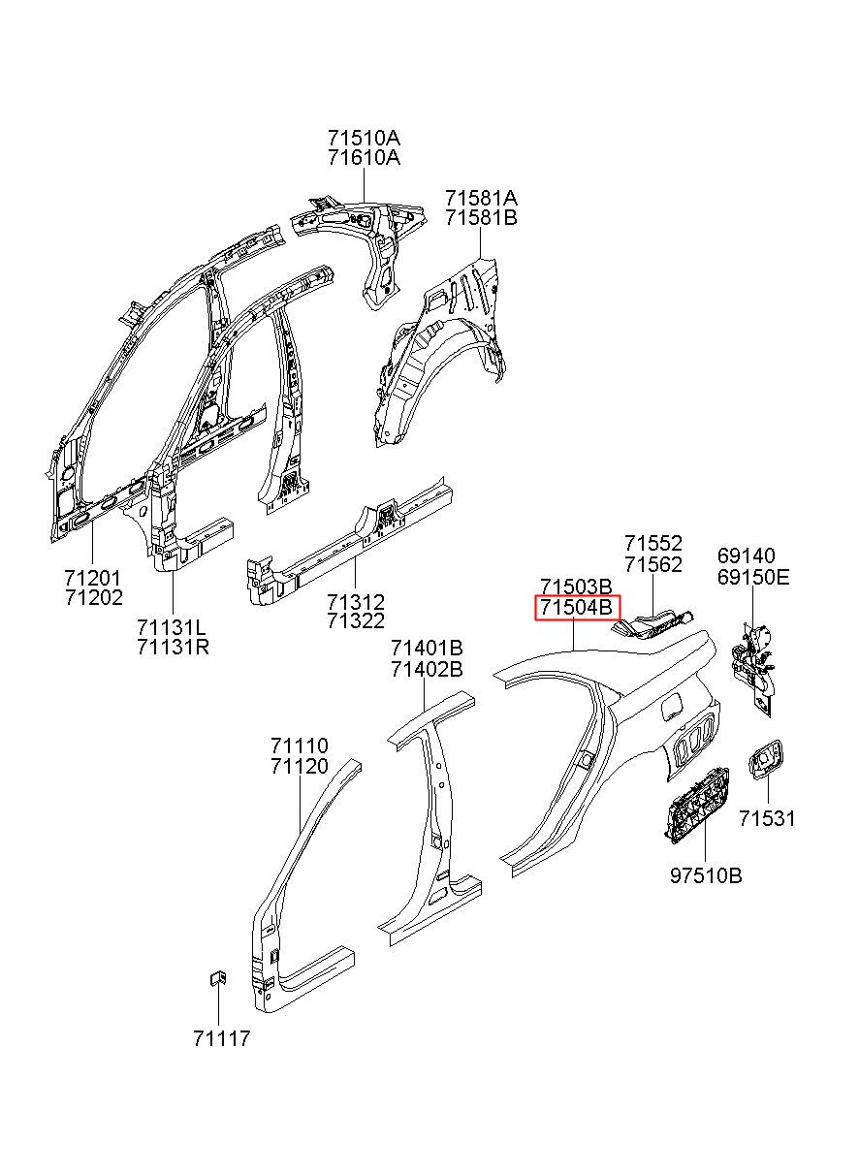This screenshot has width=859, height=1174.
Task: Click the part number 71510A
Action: pos(364,139)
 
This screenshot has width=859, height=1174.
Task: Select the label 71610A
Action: pos(364,157)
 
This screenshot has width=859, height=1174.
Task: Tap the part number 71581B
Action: pos(481,217)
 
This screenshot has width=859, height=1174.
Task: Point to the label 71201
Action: pos(93,578)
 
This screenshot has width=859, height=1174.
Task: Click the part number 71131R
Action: pos(173,648)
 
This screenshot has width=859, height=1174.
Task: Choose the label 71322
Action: pos(356,621)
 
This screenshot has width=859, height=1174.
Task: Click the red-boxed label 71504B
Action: pos(577,608)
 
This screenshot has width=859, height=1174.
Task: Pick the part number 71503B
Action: pos(576,586)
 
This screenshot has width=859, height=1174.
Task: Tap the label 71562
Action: pos(653,565)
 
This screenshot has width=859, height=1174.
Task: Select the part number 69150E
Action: pos(753,578)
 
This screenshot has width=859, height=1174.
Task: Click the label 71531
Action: pos(767,818)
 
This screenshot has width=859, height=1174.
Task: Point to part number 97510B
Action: pos(706,875)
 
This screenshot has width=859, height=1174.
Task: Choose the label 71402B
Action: pos(428,670)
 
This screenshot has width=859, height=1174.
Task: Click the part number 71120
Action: pos(300,766)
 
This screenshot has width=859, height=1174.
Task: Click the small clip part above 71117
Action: pos(218,979)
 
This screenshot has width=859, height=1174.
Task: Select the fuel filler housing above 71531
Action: pos(767,760)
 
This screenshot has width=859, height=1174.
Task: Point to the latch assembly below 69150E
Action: pos(753,667)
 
